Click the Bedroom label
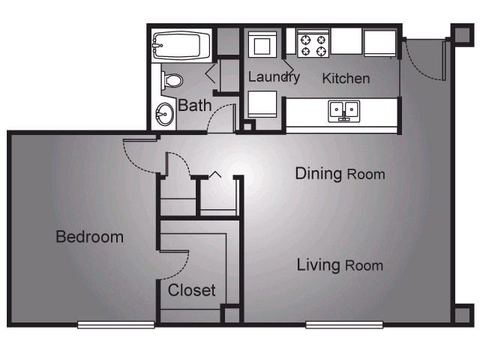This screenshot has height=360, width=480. click(89, 237)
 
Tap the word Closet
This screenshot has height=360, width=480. click(191, 289)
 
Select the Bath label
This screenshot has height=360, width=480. click(194, 106)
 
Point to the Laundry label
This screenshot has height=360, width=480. click(274, 76)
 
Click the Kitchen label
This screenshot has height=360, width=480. click(346, 78)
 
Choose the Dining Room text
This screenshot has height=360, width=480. click(340, 174)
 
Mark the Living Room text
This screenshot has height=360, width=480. click(340, 265)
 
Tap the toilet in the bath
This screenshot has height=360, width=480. click(172, 79)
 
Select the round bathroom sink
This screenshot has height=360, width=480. click(164, 115)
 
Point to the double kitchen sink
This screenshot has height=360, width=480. click(343, 111)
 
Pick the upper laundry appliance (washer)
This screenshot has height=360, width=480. click(262, 44)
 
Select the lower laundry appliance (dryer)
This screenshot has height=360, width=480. click(262, 103)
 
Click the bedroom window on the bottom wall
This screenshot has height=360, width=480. click(116, 324)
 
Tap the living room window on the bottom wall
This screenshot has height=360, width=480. click(344, 324)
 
